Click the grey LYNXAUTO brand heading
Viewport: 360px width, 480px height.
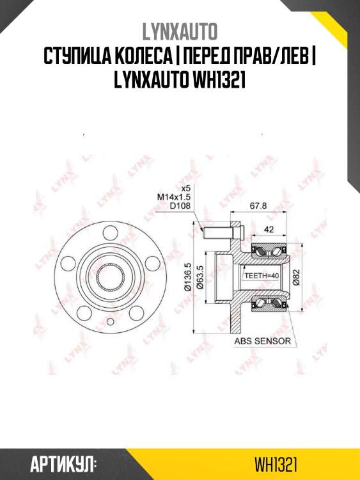click(x=180, y=32)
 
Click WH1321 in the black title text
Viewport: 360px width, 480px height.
click(x=219, y=81)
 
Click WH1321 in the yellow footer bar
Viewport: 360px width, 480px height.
click(x=276, y=465)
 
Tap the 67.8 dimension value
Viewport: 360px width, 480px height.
click(x=258, y=205)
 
